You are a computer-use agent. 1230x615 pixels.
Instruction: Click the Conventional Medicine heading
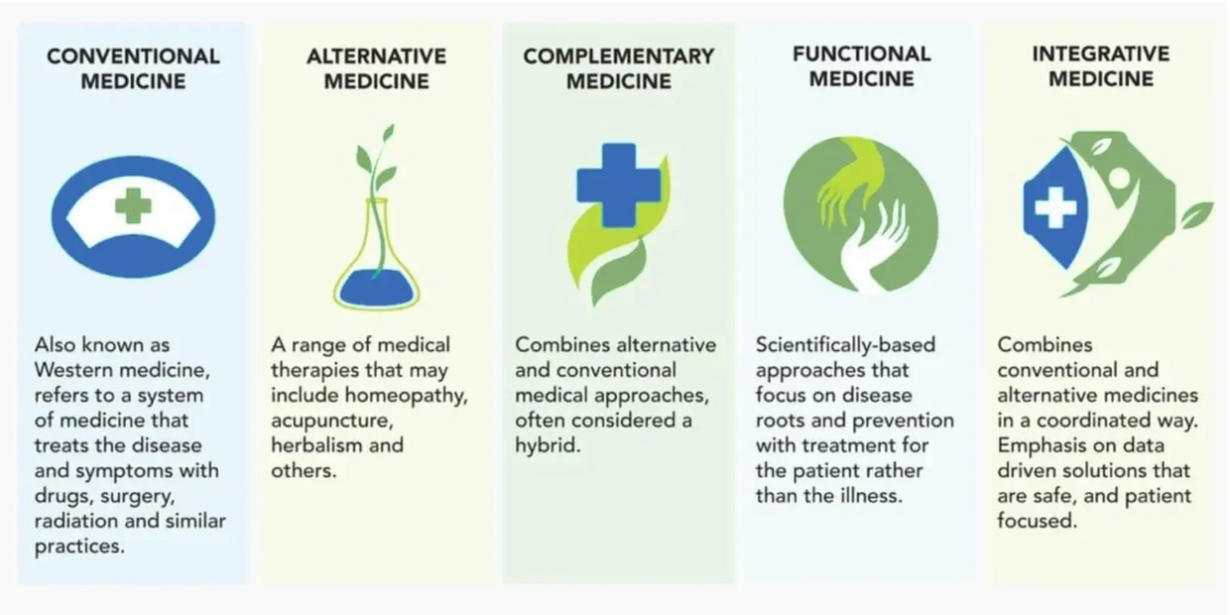(x=133, y=68)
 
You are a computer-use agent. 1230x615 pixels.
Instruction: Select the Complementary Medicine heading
(x=619, y=68)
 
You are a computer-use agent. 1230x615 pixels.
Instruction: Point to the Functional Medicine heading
(x=861, y=65)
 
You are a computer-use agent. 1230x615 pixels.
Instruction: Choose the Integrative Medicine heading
(x=1101, y=65)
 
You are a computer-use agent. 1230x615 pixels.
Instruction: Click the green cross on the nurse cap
(x=132, y=206)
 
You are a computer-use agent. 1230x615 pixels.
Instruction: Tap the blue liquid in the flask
(x=376, y=286)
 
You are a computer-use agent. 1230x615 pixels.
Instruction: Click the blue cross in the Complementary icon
(x=618, y=184)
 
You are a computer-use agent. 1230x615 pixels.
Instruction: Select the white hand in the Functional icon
(x=873, y=243)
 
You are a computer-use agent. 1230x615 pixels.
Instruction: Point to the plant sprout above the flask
(x=376, y=164)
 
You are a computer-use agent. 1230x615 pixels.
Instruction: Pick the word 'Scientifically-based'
(x=845, y=345)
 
